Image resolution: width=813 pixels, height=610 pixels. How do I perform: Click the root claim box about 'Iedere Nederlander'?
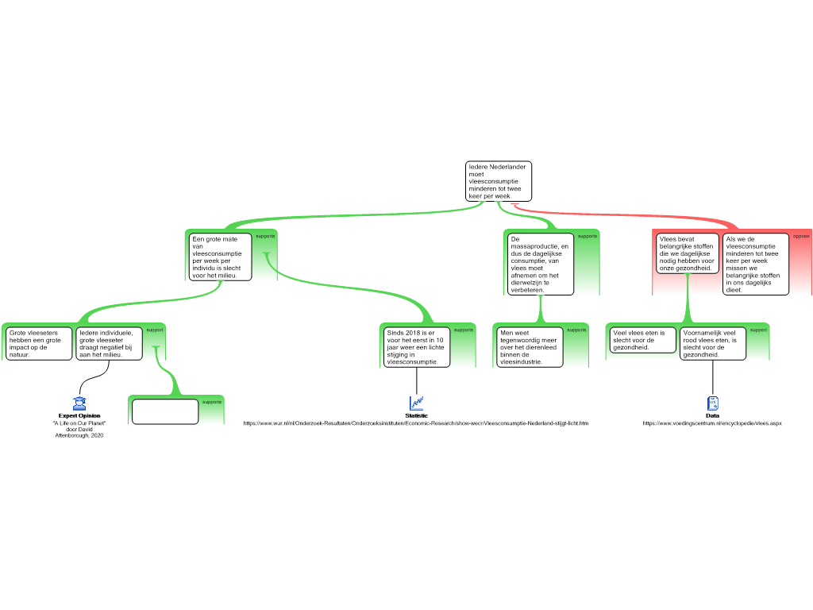tap(498, 181)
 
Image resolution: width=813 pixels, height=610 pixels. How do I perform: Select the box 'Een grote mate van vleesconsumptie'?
tap(220, 257)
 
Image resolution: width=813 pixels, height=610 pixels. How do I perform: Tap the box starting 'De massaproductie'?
tap(540, 263)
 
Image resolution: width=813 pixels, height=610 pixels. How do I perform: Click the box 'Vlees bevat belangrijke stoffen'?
tap(687, 253)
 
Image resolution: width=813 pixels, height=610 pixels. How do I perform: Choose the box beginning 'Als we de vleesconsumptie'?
tap(756, 264)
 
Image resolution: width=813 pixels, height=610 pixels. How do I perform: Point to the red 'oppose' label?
tap(801, 236)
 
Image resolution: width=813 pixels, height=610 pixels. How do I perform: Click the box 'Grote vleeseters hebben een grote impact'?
tap(39, 343)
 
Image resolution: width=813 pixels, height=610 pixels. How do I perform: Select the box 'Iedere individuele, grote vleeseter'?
tap(110, 343)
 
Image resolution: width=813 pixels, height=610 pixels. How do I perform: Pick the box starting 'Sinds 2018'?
tap(415, 346)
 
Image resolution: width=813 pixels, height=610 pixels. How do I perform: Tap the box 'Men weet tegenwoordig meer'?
tap(528, 346)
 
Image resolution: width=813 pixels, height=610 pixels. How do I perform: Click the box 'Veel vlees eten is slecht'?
tap(642, 340)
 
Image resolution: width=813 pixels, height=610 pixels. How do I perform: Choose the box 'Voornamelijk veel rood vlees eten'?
tap(712, 343)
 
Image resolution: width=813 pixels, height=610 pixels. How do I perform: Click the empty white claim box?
tap(164, 411)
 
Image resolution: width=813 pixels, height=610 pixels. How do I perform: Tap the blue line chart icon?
tap(417, 403)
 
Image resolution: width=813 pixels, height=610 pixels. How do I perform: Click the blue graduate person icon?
tap(79, 403)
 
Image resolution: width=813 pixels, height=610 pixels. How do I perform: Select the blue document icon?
tap(713, 403)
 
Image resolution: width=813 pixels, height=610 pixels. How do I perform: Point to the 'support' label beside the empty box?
tap(212, 402)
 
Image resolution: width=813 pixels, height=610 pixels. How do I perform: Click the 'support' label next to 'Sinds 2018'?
tap(464, 330)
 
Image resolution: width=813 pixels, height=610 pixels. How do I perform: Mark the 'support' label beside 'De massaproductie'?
tap(588, 236)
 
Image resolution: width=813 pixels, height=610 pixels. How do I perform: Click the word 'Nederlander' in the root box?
tap(509, 167)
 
